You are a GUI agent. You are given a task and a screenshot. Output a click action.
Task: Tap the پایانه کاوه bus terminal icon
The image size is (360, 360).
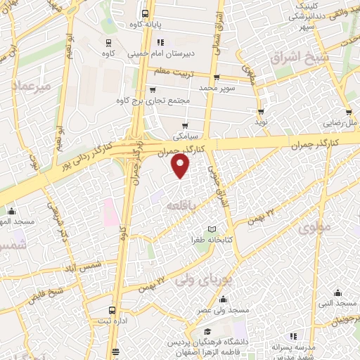coord(145,13)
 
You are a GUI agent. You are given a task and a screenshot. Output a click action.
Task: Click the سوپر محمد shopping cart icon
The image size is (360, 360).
coord(216,77)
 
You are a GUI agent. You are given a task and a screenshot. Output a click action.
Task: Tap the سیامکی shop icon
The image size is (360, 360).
coord(185,125)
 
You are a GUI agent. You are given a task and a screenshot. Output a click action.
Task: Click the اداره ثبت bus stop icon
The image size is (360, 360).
coord(112,310)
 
